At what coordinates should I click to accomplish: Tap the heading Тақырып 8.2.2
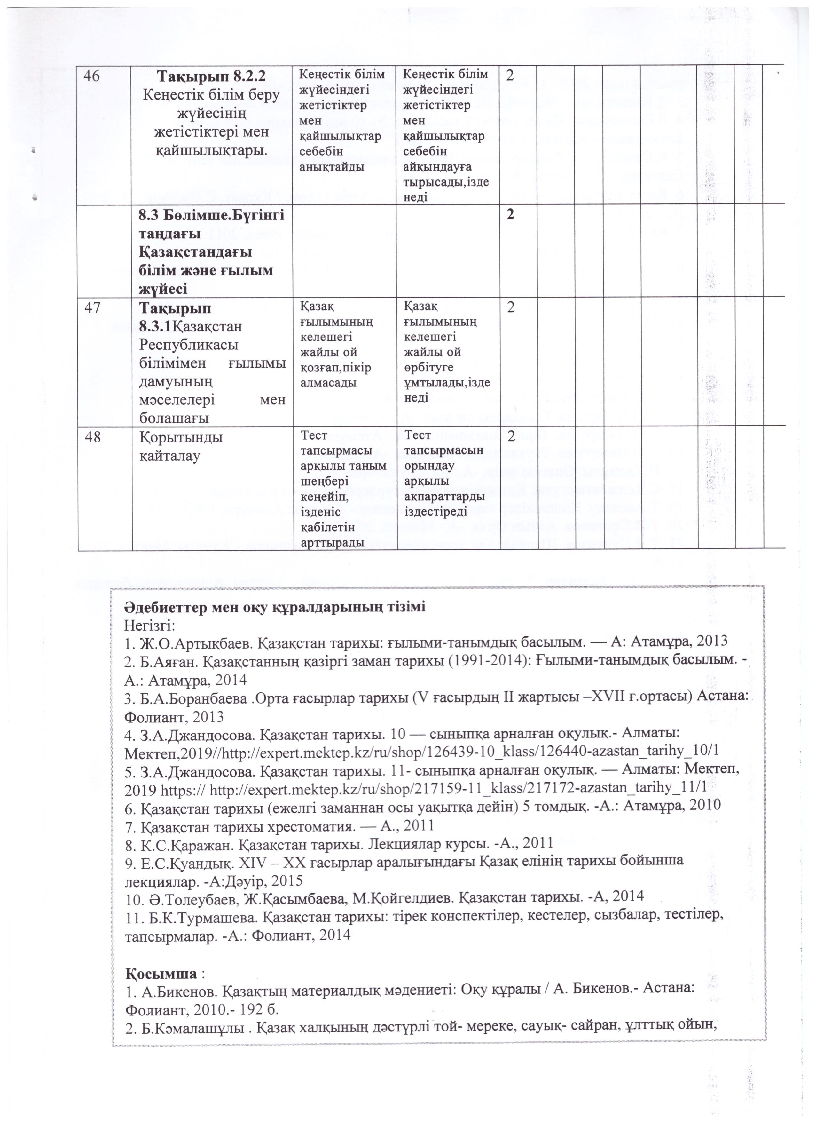211,77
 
